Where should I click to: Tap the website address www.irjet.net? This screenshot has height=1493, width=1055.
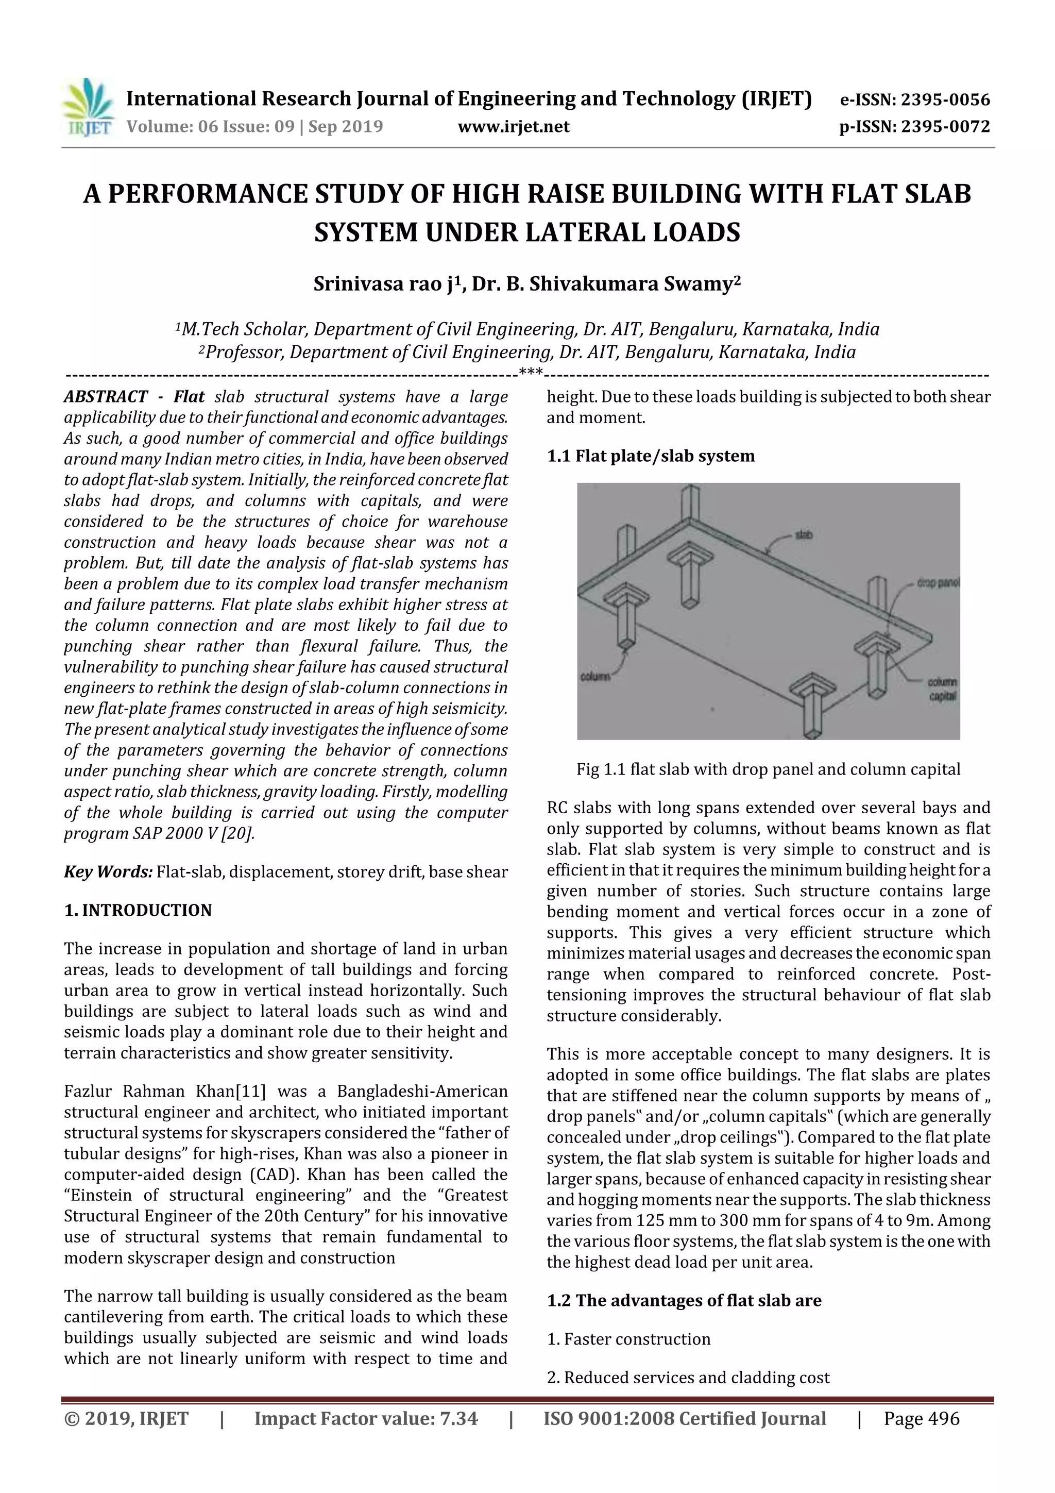tap(513, 126)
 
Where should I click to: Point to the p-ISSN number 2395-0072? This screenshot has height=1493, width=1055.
tap(944, 126)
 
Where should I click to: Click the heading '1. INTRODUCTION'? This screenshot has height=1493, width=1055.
tap(138, 910)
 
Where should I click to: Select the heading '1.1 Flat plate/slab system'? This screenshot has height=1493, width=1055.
tap(650, 456)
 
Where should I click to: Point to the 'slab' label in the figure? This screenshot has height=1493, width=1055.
tap(804, 535)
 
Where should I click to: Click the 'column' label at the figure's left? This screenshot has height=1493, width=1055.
tap(595, 677)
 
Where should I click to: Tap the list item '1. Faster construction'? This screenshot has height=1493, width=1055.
tap(628, 1339)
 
